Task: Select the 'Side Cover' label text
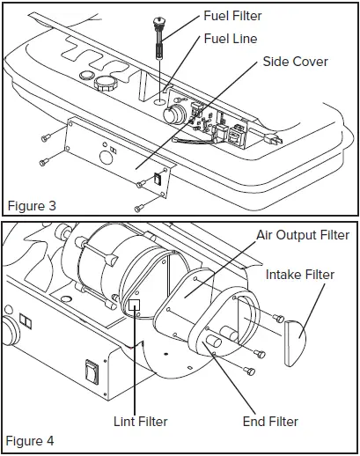pos(294,63)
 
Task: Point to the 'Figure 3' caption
pos(32,206)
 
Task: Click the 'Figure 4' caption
pos(32,440)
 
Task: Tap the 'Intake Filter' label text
pos(300,276)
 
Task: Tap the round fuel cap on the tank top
pos(107,86)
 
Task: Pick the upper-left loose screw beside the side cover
pos(45,136)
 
